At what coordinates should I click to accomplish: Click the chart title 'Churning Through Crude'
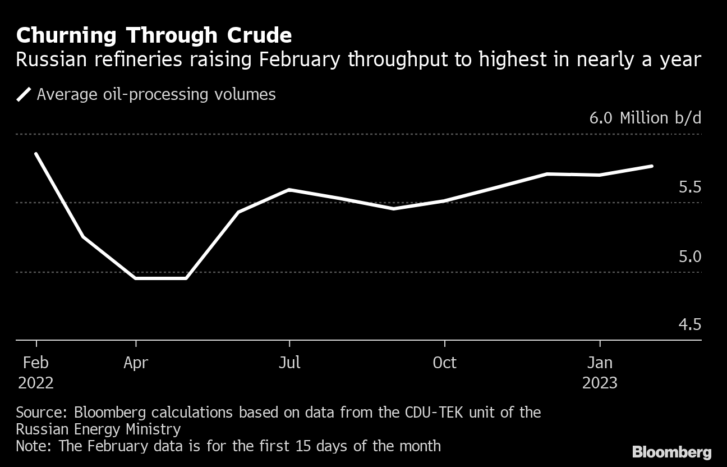point(154,36)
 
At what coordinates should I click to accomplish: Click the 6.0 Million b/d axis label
point(645,118)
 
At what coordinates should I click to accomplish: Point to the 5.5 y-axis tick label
point(689,187)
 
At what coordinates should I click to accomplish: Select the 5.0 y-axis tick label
point(689,257)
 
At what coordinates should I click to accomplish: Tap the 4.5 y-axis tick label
point(689,325)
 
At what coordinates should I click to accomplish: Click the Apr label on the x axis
point(136,363)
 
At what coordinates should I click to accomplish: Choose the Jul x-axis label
point(289,363)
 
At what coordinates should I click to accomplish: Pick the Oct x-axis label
point(444,363)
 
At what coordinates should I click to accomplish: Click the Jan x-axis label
point(600,363)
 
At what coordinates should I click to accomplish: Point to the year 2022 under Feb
point(36,383)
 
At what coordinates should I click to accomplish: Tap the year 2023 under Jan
point(600,383)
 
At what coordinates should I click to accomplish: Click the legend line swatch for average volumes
point(24,94)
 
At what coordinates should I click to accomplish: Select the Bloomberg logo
point(671,452)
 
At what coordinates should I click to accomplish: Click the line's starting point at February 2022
point(36,153)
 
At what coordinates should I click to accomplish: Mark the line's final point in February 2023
point(652,166)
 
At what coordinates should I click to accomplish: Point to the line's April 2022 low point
point(136,278)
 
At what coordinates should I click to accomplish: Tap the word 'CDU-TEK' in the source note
point(431,413)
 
